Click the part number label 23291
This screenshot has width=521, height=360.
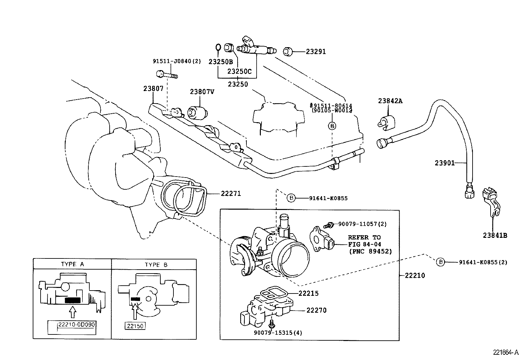[x=316, y=52]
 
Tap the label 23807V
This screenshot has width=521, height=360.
[x=202, y=92]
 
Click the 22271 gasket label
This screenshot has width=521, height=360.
[x=231, y=194]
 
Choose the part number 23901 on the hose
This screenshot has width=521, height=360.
[x=444, y=163]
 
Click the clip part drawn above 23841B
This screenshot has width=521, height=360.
[x=491, y=201]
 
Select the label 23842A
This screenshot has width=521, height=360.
[x=390, y=101]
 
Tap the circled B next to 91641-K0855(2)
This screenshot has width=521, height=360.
[x=440, y=262]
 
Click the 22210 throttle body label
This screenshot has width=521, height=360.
[x=415, y=275]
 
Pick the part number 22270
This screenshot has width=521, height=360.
[x=316, y=310]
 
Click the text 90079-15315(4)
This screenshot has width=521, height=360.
[x=278, y=333]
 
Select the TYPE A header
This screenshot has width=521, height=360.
[x=72, y=264]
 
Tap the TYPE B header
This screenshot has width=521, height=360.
[x=156, y=264]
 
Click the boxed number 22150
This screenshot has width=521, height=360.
[x=135, y=326]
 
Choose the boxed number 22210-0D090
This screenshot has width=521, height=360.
[x=77, y=325]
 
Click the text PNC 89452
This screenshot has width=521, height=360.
[x=370, y=252]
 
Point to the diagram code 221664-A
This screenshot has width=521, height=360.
[x=506, y=352]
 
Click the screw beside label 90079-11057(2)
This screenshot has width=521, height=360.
[x=328, y=225]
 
